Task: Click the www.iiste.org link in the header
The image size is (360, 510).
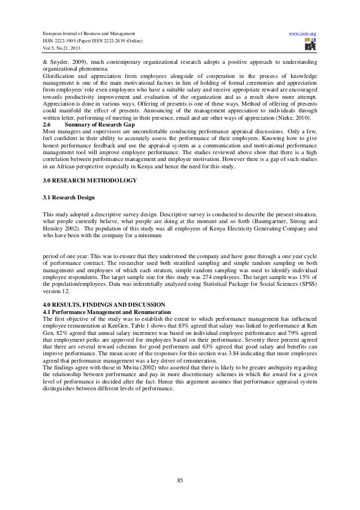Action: coord(302,34)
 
